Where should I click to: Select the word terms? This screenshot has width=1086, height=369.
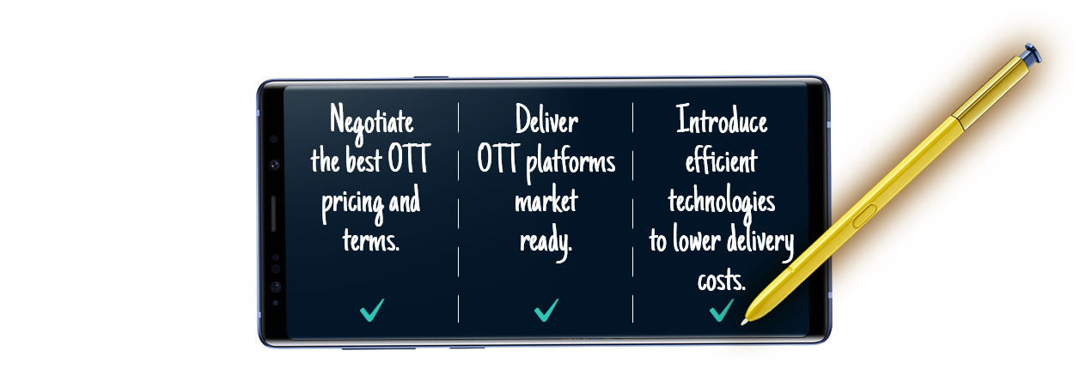(x=371, y=239)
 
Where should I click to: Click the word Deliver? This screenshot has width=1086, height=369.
(x=546, y=119)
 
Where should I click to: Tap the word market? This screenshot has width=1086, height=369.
(x=546, y=199)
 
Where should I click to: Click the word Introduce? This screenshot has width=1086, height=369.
(x=722, y=119)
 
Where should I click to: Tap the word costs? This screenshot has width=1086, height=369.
(x=722, y=281)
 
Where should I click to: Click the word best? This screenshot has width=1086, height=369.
(x=363, y=159)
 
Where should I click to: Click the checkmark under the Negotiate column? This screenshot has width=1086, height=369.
(x=372, y=310)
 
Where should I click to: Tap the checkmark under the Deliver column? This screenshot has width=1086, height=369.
(x=546, y=310)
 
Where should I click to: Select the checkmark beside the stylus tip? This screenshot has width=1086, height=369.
(x=721, y=310)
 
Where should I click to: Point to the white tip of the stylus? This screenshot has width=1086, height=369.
(x=744, y=322)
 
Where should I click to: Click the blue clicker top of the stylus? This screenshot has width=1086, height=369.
(x=1032, y=53)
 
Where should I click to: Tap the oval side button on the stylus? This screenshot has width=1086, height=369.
(x=864, y=215)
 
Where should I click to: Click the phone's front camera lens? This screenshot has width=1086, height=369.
(x=274, y=165)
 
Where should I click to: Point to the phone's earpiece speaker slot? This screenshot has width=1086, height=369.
(x=273, y=214)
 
